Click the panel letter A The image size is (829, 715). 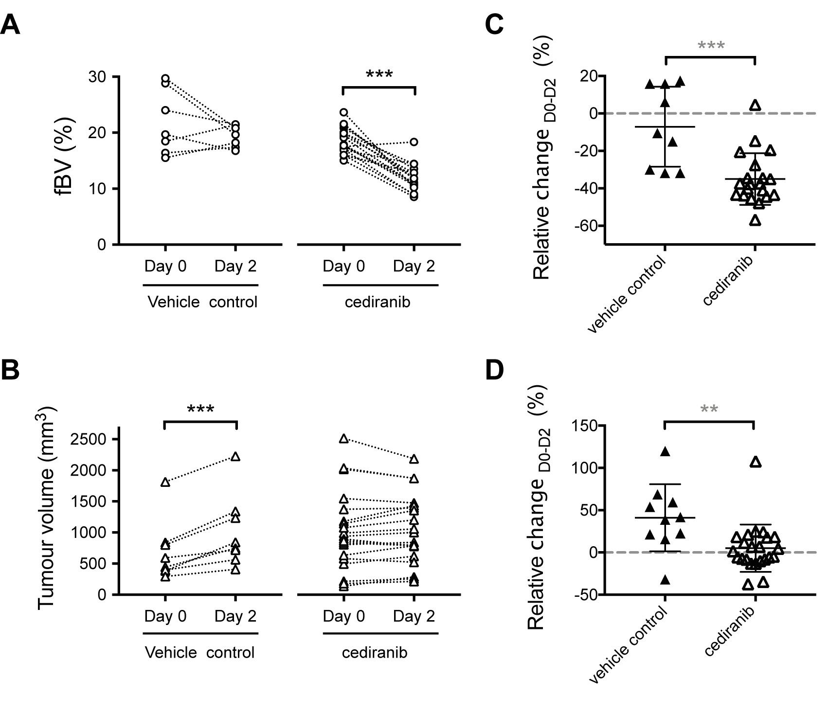coord(11,24)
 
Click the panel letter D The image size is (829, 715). coord(495,370)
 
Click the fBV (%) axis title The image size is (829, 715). coord(64,157)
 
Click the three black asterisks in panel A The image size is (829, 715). coord(379,74)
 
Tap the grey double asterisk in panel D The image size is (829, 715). coord(709,409)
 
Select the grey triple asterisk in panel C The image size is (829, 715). coord(711,46)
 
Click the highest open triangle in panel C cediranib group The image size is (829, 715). coord(755,105)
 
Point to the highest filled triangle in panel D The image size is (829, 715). coord(665,452)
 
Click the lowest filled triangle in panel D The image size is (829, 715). coord(665,580)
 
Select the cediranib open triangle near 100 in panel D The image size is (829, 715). coord(755,462)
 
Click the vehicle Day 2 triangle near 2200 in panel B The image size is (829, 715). coord(235,456)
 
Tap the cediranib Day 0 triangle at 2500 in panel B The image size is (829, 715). coord(343,439)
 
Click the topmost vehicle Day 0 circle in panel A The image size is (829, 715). coord(165,78)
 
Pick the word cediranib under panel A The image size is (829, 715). coord(377,302)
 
